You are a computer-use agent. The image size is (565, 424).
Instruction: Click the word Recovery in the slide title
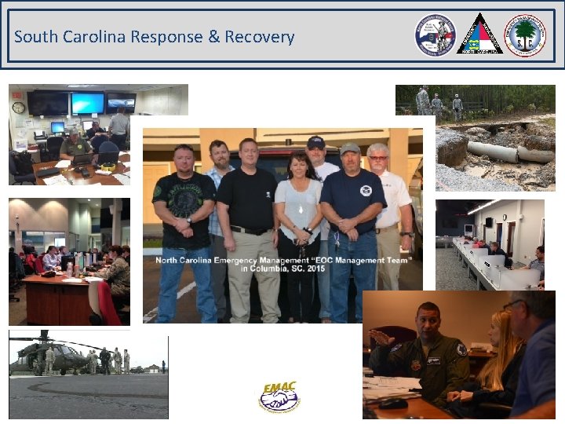[x=260, y=37]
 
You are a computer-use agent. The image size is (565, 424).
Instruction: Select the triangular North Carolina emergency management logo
[x=479, y=35]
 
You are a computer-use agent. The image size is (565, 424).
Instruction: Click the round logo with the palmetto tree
[x=524, y=35]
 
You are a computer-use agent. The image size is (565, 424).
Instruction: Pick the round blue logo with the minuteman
[x=435, y=35]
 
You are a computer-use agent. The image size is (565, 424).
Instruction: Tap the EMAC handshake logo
[x=280, y=396]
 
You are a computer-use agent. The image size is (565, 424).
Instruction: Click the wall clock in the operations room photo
[x=18, y=108]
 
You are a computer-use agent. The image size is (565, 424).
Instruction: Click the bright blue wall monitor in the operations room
[x=87, y=103]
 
